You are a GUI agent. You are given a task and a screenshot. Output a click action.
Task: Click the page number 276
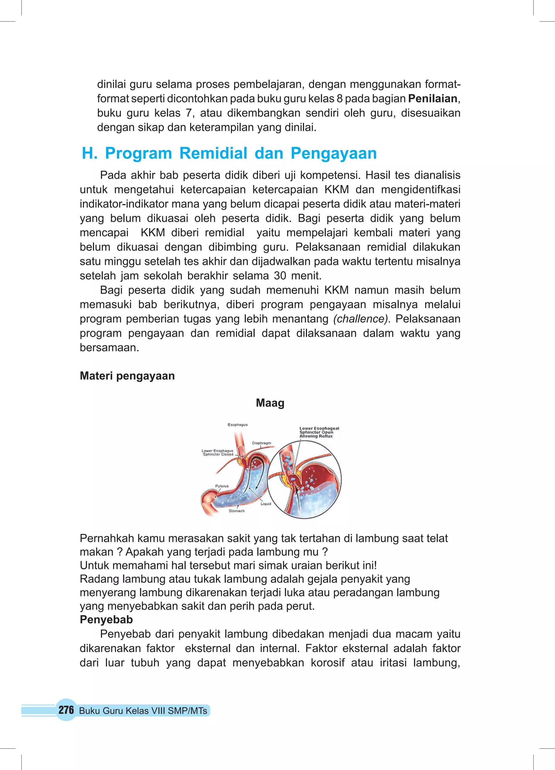66,710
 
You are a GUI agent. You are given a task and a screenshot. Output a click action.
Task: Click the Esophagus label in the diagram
237,425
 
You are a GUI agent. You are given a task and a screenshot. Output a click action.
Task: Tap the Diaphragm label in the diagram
261,443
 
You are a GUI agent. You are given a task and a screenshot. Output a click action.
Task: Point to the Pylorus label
222,486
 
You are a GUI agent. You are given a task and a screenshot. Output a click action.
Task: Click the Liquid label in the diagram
266,504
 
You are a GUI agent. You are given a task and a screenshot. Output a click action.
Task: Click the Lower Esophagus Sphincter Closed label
218,452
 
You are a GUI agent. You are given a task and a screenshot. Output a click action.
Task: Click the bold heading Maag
270,403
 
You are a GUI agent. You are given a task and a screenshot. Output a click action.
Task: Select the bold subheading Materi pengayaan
127,376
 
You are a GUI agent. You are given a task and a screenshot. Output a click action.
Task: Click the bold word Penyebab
106,620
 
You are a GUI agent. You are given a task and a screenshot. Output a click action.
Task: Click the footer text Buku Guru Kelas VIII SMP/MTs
143,711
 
